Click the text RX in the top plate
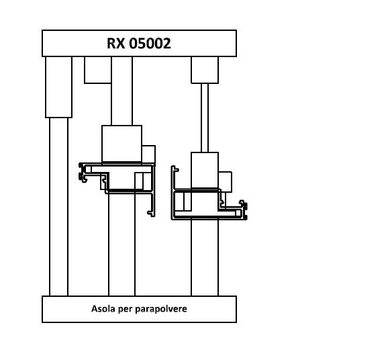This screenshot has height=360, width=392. [115, 43]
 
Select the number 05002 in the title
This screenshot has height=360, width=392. [150, 43]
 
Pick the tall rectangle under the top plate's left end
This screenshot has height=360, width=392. [59, 87]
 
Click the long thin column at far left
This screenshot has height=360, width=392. [59, 207]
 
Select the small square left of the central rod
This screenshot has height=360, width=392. [98, 70]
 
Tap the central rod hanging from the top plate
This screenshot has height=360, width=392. [121, 91]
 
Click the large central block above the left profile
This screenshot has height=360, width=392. [121, 144]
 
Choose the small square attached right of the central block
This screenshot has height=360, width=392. [148, 154]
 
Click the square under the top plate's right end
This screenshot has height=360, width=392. [205, 70]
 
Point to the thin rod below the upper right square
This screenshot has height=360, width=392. [205, 118]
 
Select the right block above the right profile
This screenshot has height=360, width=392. [205, 171]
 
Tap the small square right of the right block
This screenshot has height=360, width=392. [225, 182]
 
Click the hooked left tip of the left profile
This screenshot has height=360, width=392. [83, 173]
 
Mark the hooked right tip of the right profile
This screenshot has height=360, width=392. [244, 210]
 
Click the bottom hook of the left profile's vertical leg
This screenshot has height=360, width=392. [152, 214]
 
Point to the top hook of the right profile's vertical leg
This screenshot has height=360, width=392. [175, 169]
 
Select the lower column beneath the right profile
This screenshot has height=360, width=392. [205, 257]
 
